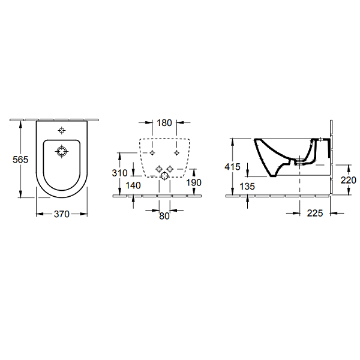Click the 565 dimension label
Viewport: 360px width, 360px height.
[20, 160]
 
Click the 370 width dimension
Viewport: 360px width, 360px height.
[62, 214]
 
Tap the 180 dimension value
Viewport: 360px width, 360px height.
[164, 123]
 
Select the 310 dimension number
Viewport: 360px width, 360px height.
[119, 173]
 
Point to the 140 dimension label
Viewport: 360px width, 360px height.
[133, 185]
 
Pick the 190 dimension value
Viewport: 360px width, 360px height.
[194, 182]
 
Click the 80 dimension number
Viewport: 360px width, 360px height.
[164, 216]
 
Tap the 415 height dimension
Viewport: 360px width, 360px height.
[232, 167]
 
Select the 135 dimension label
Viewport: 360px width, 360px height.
[247, 186]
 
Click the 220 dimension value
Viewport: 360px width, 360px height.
[348, 180]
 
